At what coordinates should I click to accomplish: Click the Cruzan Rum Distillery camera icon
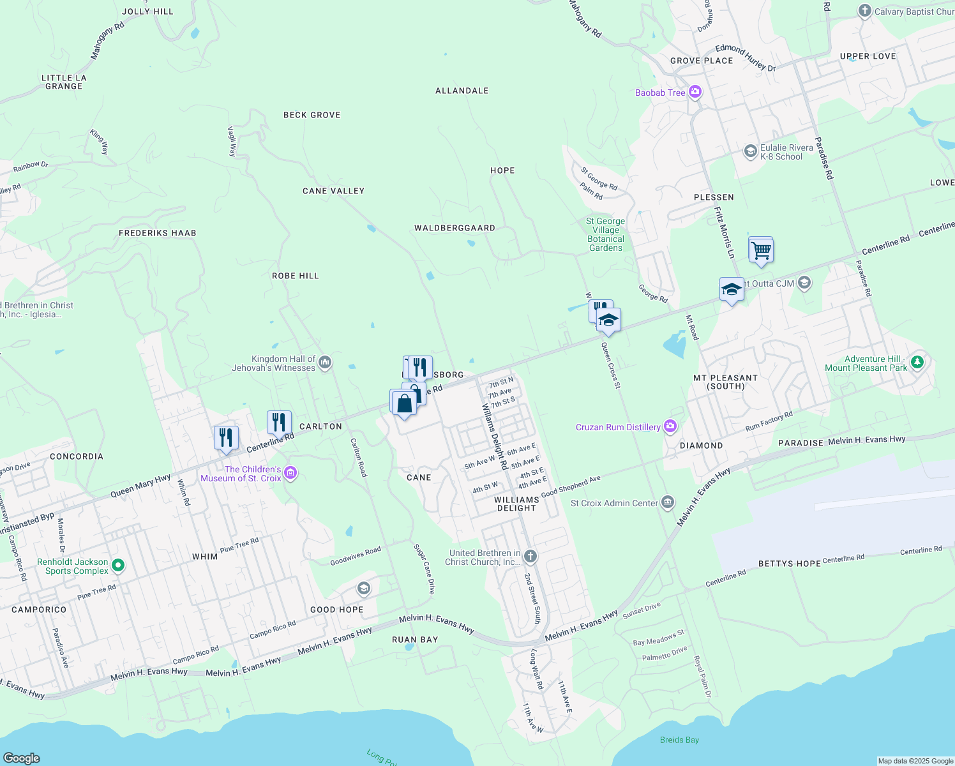coord(670,426)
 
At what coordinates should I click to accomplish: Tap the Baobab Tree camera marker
coord(695,93)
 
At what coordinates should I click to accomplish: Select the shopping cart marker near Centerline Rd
coord(761,250)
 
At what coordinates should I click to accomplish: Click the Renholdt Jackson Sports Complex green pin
coord(117,566)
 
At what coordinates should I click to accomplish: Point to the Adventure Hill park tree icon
coord(917,363)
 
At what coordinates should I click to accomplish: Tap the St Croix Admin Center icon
coord(668,502)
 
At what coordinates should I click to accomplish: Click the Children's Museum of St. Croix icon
coord(290,473)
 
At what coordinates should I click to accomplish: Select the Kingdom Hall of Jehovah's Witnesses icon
coord(325,363)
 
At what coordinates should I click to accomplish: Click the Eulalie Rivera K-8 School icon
coord(751,151)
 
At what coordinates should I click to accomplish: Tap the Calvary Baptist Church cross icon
coord(865,11)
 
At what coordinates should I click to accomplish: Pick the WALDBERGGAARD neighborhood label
coord(455,228)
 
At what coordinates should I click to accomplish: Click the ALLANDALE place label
coord(462,91)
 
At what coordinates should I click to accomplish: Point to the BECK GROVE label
coord(312,115)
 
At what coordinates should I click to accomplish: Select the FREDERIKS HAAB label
coord(158,233)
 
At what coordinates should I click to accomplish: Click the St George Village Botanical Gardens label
coord(606,235)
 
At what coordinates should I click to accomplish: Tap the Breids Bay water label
coord(679,740)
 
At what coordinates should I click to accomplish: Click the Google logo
coord(22,758)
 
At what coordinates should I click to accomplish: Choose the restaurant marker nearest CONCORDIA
coord(226,438)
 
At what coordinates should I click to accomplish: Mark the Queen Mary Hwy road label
coord(140,486)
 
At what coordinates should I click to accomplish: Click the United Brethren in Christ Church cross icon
coord(530,556)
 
